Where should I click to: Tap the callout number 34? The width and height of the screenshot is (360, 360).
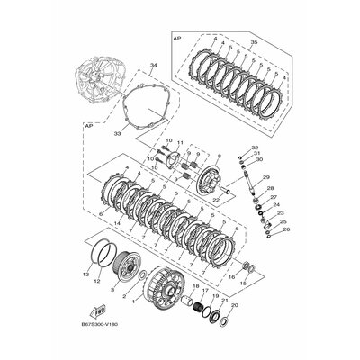(153, 66)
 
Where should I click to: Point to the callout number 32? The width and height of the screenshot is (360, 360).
(256, 147)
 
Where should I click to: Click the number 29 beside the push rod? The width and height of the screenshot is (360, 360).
(267, 177)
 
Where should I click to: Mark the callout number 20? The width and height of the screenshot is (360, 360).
(236, 305)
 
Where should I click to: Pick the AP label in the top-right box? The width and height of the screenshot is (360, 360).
(177, 40)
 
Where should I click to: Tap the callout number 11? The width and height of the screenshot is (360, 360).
(179, 144)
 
